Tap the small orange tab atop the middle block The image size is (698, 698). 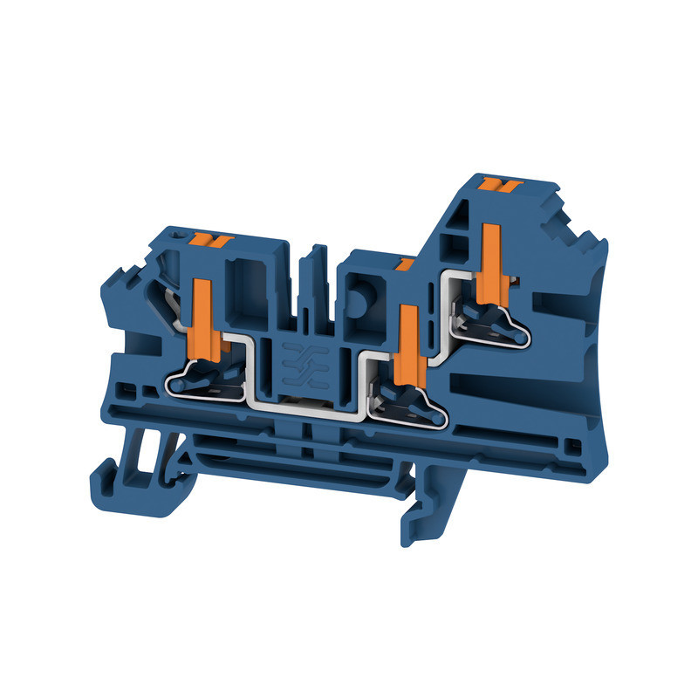point(404,263)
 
